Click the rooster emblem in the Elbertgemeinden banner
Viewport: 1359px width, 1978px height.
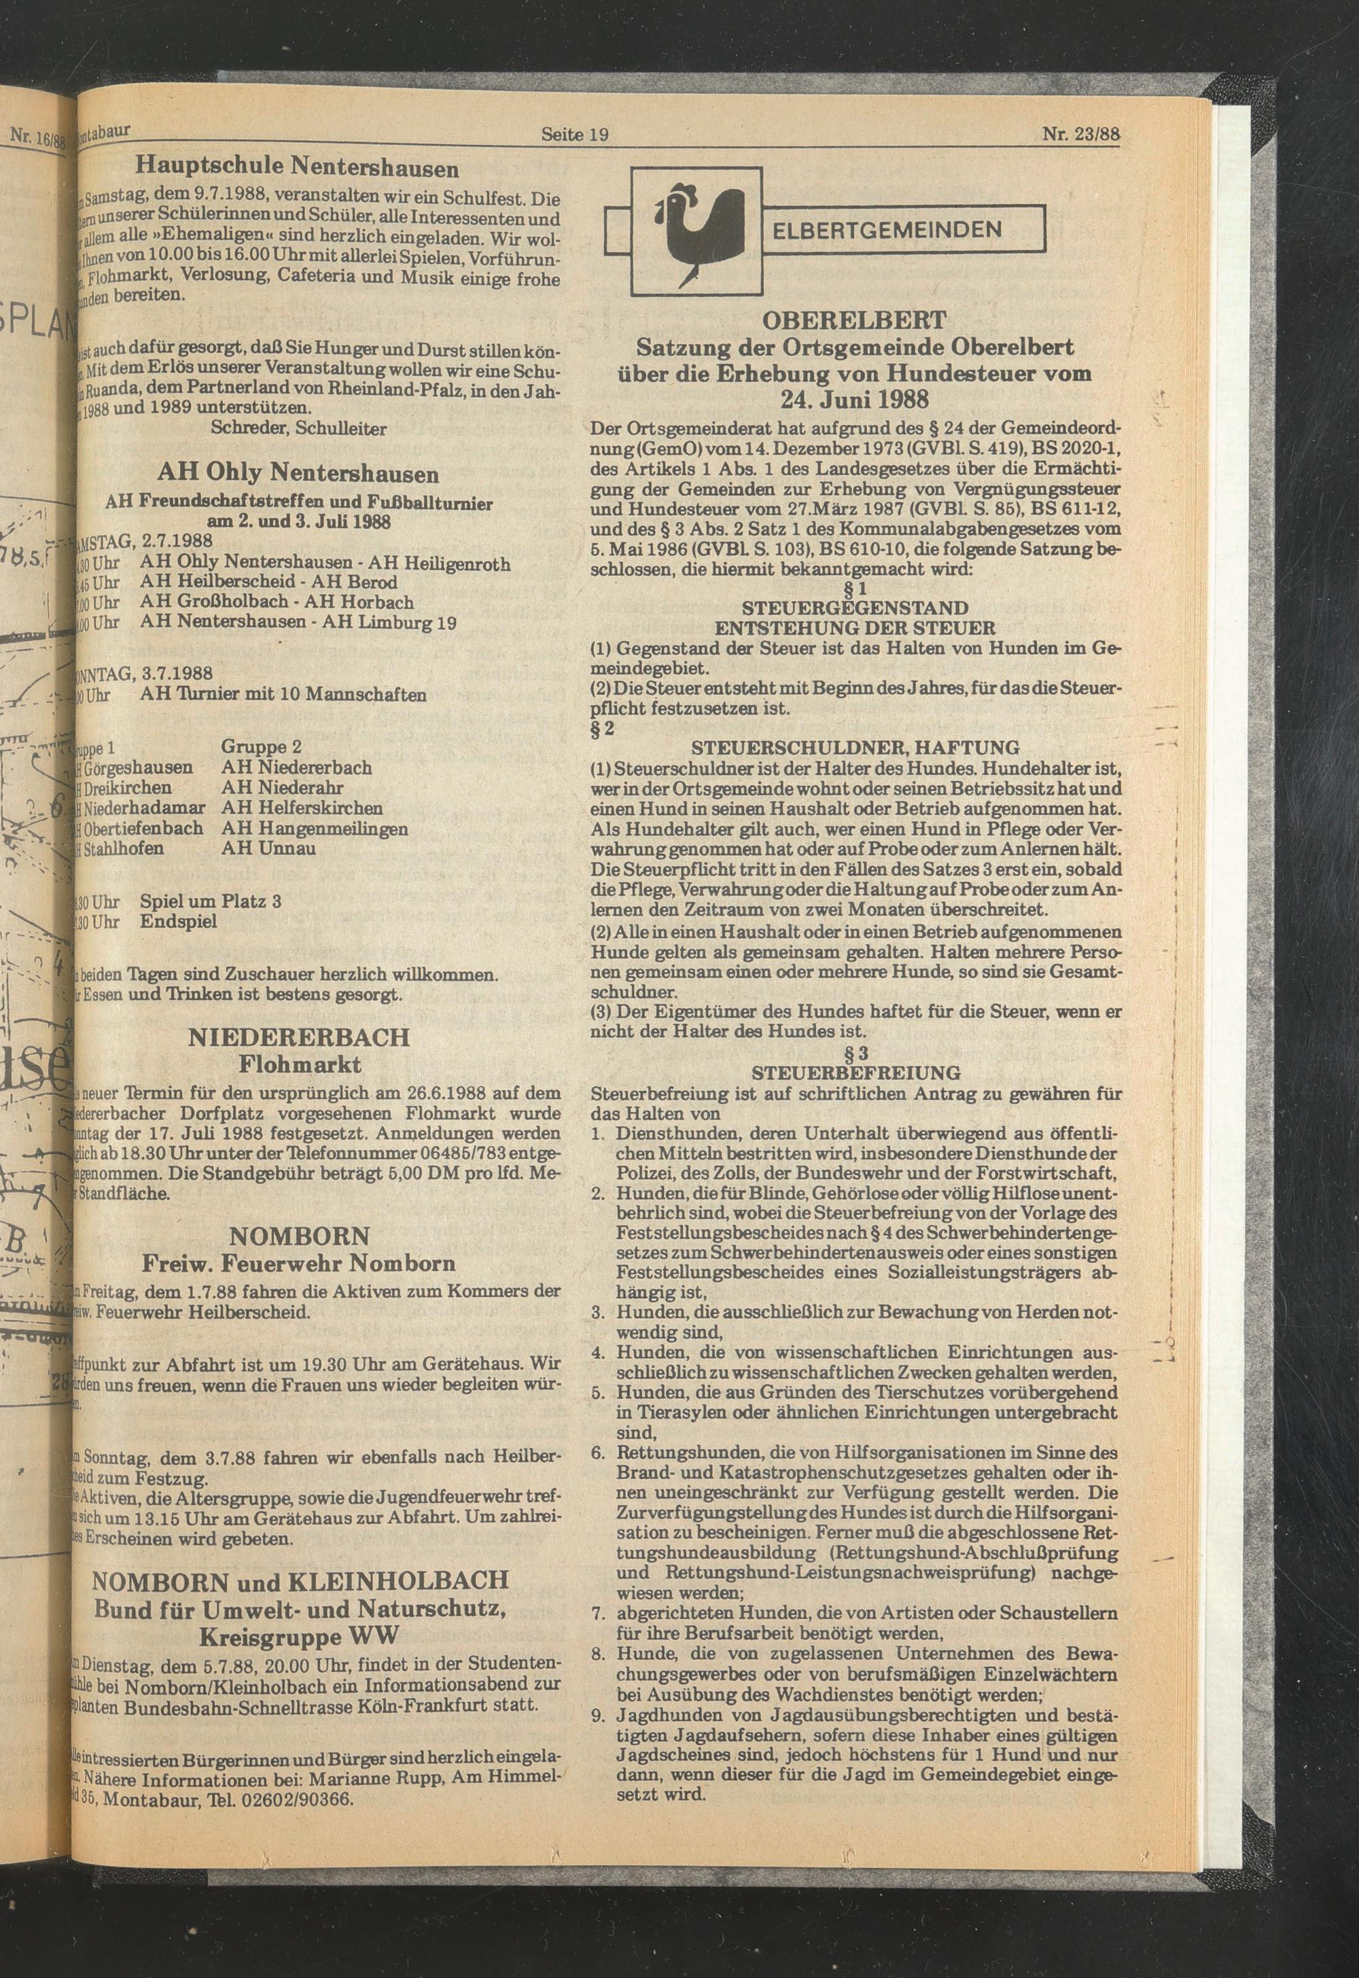(694, 228)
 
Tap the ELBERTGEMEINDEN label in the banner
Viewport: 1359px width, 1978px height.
(887, 230)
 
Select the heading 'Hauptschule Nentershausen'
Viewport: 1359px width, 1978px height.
(298, 165)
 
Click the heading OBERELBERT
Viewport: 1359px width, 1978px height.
(855, 320)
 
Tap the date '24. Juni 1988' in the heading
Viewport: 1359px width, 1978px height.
(855, 400)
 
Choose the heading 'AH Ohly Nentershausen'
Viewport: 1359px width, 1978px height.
(298, 473)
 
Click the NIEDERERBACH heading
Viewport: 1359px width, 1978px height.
(299, 1037)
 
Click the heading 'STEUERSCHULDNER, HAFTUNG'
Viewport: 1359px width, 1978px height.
(855, 747)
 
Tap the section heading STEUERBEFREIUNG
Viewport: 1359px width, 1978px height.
(855, 1073)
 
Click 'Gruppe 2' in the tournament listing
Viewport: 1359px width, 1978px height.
(262, 746)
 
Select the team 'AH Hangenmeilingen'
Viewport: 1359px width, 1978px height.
(314, 828)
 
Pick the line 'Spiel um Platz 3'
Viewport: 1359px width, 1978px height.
(211, 901)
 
